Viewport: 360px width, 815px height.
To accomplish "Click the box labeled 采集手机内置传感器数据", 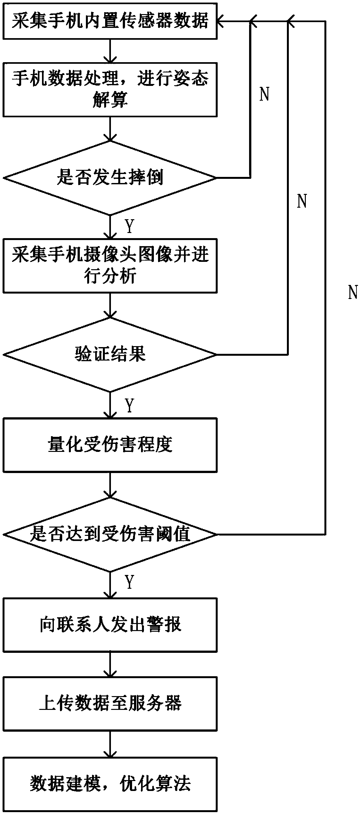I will (x=110, y=21).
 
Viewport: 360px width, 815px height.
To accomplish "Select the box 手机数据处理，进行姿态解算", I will (x=110, y=89).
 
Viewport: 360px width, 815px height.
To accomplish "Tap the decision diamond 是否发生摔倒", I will (x=110, y=178).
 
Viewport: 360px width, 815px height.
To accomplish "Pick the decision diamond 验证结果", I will (x=110, y=354).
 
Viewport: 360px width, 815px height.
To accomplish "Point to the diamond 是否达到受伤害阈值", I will (x=110, y=534).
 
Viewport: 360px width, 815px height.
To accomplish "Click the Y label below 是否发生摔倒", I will (x=129, y=227).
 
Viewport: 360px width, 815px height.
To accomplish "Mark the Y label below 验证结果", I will (x=129, y=406).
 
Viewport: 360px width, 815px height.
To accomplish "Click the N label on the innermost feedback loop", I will (x=264, y=95).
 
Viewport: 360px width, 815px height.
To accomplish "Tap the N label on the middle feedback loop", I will (x=302, y=201).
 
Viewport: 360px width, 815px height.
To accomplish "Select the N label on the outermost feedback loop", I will (x=353, y=292).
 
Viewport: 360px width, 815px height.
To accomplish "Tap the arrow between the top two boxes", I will (x=110, y=51).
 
